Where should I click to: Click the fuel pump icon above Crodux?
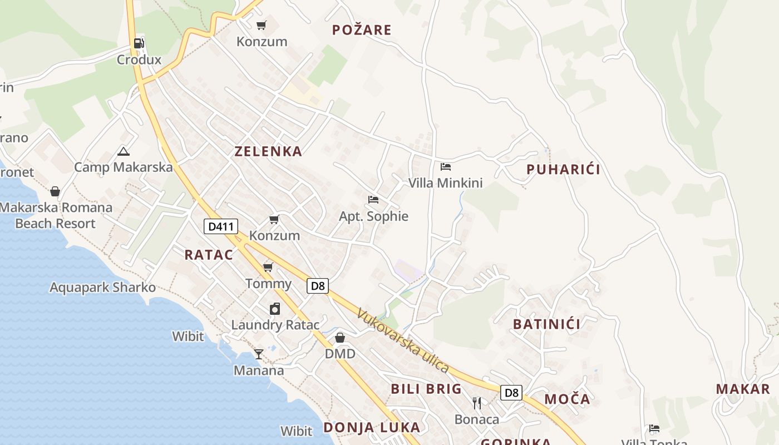click(x=139, y=43)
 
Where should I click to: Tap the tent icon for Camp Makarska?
click(x=123, y=151)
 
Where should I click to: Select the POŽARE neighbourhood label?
click(x=362, y=30)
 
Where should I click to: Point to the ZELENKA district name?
click(x=268, y=151)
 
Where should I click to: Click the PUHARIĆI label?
click(x=563, y=170)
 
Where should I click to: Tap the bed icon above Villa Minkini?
click(x=445, y=166)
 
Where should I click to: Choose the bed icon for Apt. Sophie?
click(x=373, y=200)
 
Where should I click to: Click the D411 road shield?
click(x=221, y=226)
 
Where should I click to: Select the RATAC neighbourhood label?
click(x=209, y=255)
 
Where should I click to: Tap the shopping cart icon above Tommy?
click(x=268, y=268)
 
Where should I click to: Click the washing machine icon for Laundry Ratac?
click(x=275, y=309)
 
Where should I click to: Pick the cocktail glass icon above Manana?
click(x=259, y=354)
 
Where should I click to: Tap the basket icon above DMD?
click(x=340, y=338)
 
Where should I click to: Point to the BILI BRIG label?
click(x=426, y=389)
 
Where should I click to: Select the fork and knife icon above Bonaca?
click(x=477, y=403)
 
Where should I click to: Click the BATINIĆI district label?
click(x=546, y=324)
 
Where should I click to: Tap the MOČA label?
click(x=567, y=399)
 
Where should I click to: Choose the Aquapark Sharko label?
click(x=102, y=288)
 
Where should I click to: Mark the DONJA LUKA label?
click(x=372, y=427)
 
